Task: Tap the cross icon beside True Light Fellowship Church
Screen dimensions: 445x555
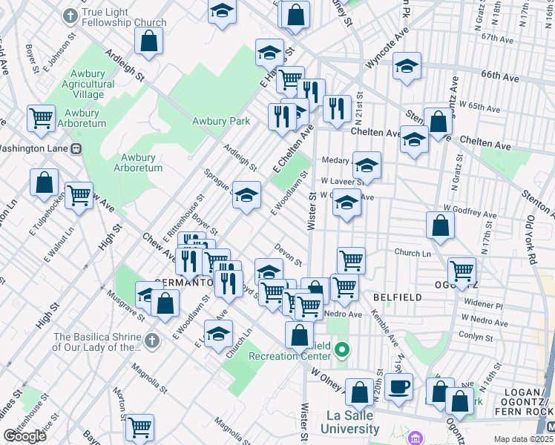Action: click(70, 15)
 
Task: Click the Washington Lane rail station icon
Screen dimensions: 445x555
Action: click(76, 148)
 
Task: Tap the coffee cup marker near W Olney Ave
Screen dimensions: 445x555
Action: click(398, 386)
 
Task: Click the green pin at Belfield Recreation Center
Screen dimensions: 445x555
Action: click(342, 349)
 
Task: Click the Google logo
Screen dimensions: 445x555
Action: click(25, 436)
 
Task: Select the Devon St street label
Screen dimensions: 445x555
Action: click(288, 258)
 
